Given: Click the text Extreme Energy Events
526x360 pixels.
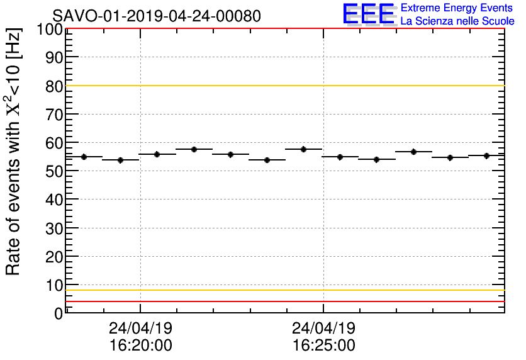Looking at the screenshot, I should [x=456, y=8].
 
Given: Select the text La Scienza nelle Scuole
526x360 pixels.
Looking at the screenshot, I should [x=457, y=21].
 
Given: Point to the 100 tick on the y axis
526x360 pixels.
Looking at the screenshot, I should [x=48, y=30].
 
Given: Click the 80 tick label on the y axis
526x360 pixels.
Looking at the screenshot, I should [x=54, y=86].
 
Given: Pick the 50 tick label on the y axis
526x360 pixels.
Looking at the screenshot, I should [x=54, y=172].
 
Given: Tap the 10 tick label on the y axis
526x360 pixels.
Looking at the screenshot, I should [x=54, y=285].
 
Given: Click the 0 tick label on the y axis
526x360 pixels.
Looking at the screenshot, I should [x=59, y=313].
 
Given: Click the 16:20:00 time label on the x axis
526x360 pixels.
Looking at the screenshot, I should [x=140, y=345].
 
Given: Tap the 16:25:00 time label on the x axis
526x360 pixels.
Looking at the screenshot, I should [x=323, y=345].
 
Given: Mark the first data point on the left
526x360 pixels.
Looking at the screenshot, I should [x=84, y=157].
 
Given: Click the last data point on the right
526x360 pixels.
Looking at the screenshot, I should [x=486, y=155].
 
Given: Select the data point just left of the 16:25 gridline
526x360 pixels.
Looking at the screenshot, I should [x=304, y=149].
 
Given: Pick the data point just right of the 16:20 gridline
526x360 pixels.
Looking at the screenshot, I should [x=157, y=154].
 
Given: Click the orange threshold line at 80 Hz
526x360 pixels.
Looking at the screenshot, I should [x=283, y=86].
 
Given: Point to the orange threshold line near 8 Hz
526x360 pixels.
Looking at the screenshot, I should [x=283, y=290].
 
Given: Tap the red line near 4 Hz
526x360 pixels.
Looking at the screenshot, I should [x=283, y=301].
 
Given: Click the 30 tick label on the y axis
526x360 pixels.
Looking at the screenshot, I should [x=54, y=228].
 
